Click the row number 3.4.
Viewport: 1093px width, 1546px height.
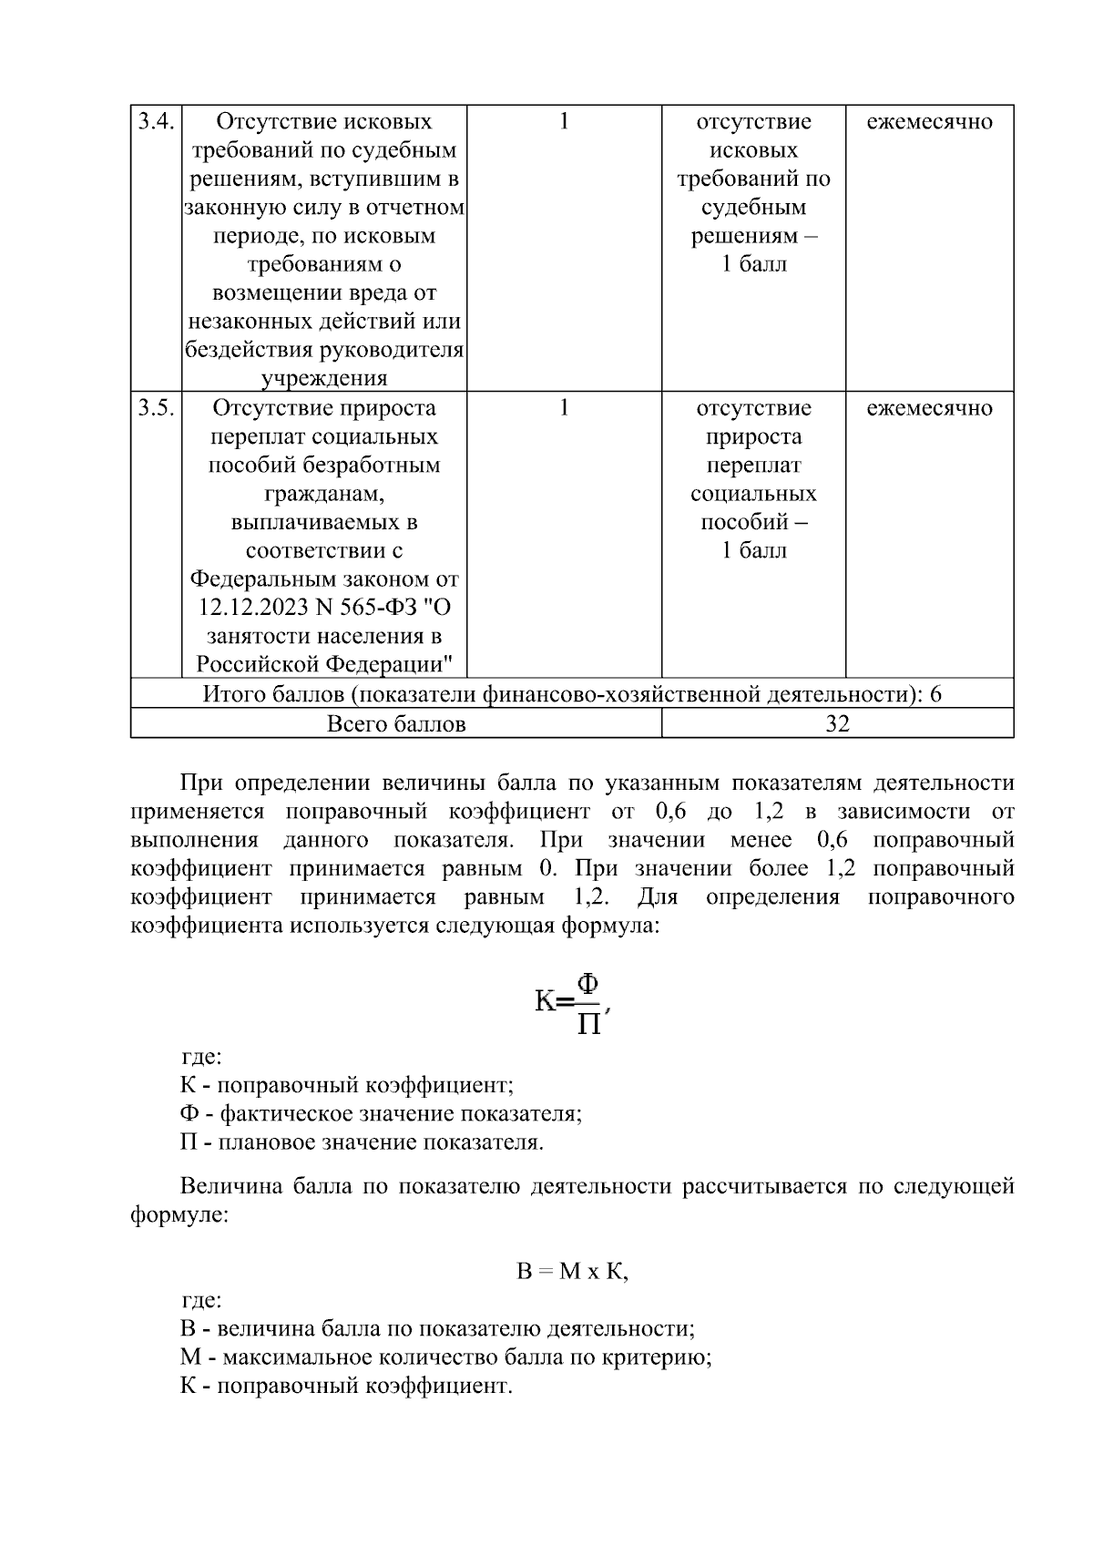(156, 122)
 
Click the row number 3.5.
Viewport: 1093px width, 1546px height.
(156, 408)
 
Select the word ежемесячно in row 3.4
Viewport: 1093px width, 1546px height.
(929, 122)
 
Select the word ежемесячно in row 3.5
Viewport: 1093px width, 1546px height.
(929, 408)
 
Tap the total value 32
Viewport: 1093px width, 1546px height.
(837, 724)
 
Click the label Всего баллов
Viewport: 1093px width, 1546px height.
(396, 724)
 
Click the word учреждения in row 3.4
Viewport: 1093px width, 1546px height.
(324, 379)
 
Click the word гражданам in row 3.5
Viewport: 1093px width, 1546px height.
(324, 494)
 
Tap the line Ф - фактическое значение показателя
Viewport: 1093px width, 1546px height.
(381, 1114)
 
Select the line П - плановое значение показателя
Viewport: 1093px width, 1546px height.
(362, 1142)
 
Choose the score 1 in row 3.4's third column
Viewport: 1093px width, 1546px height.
(564, 122)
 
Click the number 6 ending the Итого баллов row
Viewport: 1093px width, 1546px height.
(935, 695)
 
